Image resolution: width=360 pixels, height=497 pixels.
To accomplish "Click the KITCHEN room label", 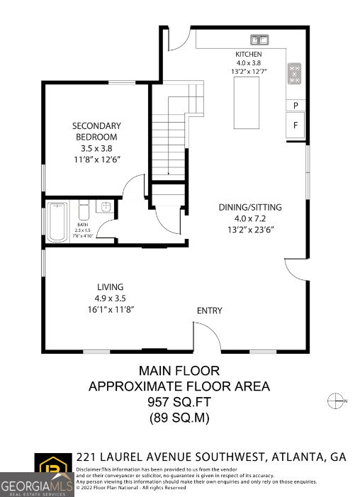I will tap(249, 55).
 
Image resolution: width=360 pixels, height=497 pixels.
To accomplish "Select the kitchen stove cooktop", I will tap(294, 74).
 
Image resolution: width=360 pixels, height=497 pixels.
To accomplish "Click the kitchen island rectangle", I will tap(246, 103).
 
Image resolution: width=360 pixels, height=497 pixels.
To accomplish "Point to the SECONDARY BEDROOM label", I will tap(96, 131).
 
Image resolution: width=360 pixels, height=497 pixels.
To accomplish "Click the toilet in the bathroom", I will tap(83, 211).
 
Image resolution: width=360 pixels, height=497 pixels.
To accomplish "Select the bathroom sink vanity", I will tap(104, 208).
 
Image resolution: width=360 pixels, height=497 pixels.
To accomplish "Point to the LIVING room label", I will tap(110, 287).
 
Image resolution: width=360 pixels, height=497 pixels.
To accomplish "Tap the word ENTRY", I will tap(209, 311).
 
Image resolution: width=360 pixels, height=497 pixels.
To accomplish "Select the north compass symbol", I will tap(335, 401).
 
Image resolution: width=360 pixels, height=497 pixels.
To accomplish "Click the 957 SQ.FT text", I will tap(179, 402).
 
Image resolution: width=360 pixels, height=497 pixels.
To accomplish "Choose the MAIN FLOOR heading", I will tap(179, 370).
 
